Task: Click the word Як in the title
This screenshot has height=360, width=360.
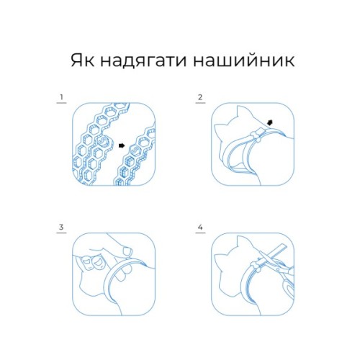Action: pos(81,59)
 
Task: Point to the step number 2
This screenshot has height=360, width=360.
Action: pos(200,96)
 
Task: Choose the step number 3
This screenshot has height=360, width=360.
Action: pos(63,228)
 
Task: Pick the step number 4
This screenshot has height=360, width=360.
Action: pos(200,228)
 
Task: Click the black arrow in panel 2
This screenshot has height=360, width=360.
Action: pos(269,123)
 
